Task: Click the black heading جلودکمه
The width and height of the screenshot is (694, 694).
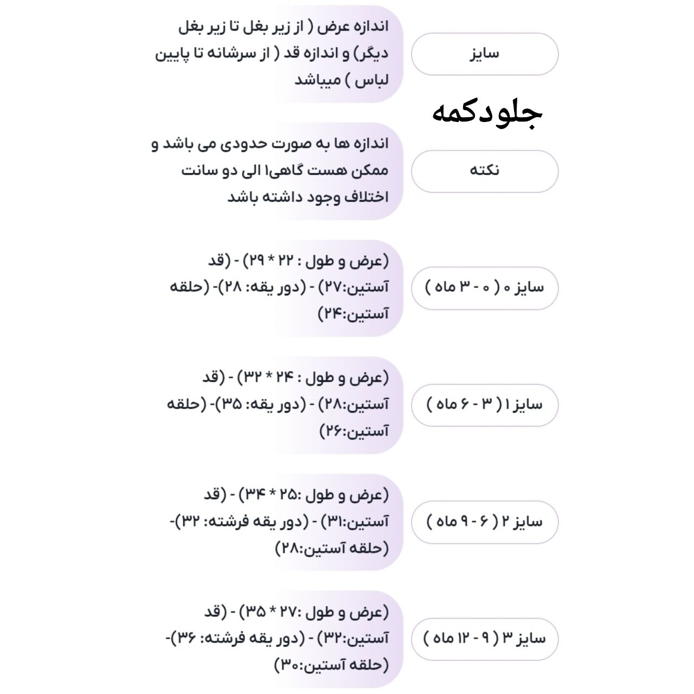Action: [x=487, y=113]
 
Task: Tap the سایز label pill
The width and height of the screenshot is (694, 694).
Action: [x=485, y=54]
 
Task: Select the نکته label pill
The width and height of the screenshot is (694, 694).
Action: [x=485, y=171]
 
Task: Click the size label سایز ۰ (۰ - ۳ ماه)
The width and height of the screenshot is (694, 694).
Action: [x=485, y=287]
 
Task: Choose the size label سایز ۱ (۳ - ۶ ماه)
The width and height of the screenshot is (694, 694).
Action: [x=485, y=404]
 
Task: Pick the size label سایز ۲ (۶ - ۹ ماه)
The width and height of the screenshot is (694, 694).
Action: [x=485, y=522]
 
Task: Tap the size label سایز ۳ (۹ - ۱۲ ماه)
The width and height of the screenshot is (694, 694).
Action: [x=485, y=639]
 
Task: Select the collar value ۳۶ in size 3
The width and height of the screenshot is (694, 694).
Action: [x=187, y=639]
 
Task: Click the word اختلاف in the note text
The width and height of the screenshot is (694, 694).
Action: [x=365, y=197]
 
